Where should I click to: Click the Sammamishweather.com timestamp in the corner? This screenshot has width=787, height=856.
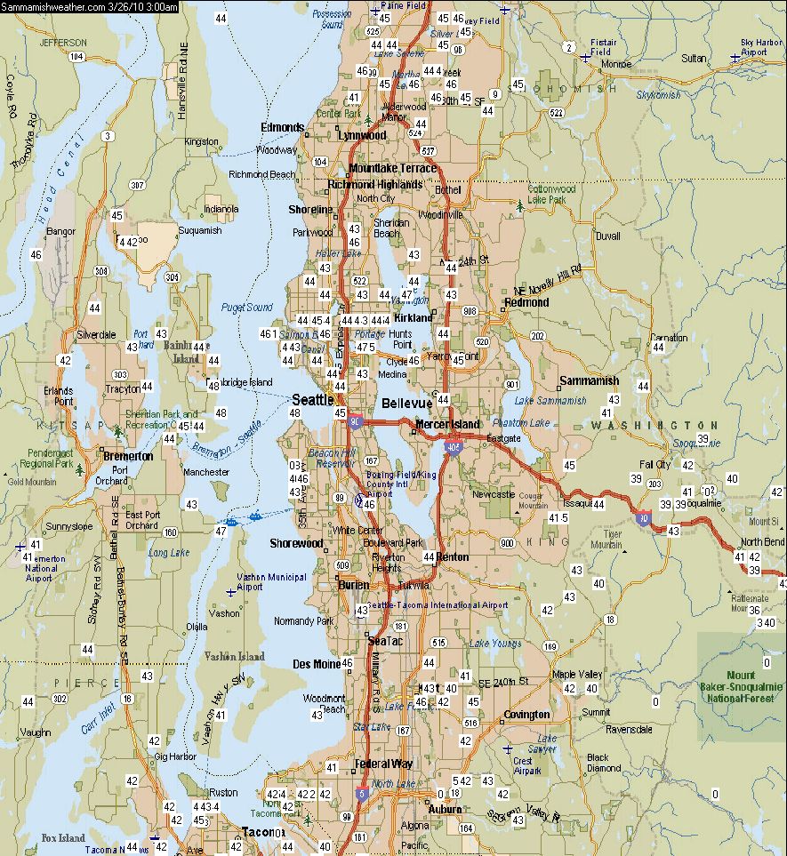coord(89,6)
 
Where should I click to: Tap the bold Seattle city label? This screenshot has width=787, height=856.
coord(313,400)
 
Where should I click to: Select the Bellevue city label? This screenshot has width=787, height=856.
coord(406,404)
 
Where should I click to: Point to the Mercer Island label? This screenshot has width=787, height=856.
coord(447,424)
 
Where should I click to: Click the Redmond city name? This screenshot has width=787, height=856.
coord(526,302)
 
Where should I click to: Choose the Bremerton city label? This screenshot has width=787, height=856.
coord(129,456)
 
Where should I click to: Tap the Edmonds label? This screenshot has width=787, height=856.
coord(282,127)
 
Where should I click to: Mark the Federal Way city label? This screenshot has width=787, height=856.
coord(383,764)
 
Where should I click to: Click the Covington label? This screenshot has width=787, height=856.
coord(526,715)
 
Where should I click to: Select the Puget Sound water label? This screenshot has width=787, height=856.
coord(247,308)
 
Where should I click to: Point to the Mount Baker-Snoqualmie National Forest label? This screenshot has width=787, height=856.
coord(741,687)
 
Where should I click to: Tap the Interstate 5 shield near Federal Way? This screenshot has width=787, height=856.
coord(362,793)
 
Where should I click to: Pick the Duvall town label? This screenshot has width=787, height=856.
coord(608,236)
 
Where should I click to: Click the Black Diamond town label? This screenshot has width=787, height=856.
coord(604,763)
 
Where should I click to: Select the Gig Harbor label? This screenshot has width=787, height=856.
coord(174,756)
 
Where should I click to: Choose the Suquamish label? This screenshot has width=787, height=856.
coord(199,230)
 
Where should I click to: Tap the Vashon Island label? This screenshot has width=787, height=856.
coord(235,657)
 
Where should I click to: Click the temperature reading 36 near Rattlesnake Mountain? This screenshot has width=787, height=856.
coord(754,610)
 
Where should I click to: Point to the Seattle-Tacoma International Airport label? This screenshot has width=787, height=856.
coord(438,605)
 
